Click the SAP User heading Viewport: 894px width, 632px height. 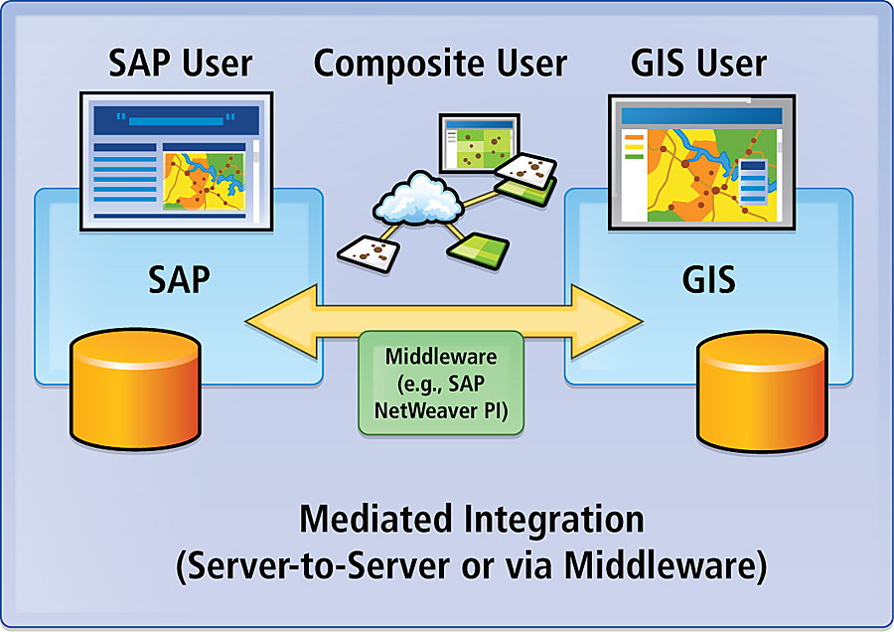(x=180, y=64)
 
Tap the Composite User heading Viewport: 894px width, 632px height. (x=440, y=64)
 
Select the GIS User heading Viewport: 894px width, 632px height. (x=699, y=64)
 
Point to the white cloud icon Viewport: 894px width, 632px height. (x=415, y=198)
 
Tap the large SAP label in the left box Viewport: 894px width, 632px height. (x=180, y=279)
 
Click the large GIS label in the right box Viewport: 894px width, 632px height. (x=709, y=279)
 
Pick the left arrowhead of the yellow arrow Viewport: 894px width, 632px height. (x=273, y=318)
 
